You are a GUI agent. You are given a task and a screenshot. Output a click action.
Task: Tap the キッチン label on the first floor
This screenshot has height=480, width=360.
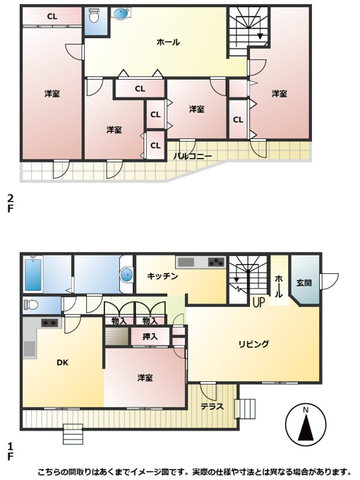(162, 277)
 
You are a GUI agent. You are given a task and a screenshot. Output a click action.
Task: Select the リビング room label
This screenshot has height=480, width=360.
(254, 344)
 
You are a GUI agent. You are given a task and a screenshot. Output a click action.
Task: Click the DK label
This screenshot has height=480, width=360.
(62, 362)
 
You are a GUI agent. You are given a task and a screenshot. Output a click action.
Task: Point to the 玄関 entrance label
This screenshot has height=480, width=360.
(304, 282)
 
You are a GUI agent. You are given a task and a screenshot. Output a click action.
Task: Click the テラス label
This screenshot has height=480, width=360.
(212, 407)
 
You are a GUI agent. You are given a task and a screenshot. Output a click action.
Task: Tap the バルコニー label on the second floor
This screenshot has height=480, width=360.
(193, 157)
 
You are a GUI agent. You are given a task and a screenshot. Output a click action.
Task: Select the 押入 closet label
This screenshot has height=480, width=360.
(150, 337)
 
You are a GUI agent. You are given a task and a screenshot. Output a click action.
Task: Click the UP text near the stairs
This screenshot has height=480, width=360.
(258, 302)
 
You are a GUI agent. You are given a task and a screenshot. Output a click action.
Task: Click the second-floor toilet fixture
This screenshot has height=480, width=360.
(94, 16)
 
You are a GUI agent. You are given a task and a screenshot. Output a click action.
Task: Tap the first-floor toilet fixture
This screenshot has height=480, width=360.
(31, 305)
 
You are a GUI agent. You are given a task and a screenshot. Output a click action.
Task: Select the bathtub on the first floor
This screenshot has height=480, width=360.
(33, 275)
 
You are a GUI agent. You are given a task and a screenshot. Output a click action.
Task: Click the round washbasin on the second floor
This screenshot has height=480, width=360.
(121, 14)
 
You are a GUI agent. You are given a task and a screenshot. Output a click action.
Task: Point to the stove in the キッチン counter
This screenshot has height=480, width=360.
(216, 263)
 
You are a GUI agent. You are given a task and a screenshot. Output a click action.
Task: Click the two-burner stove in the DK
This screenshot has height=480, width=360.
(49, 323)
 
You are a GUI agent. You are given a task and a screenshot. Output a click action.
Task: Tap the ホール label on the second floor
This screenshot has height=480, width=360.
(168, 42)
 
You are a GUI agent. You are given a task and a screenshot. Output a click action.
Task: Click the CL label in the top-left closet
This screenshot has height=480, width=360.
(52, 16)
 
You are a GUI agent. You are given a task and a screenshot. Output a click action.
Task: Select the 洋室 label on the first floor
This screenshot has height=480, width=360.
(145, 378)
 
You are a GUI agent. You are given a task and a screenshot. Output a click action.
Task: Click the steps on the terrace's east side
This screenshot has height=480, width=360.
(245, 409)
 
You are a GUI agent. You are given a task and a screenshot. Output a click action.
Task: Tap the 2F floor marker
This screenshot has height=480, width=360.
(11, 203)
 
